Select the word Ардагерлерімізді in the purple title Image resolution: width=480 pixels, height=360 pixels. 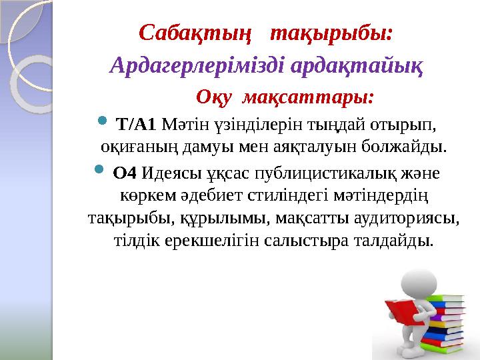182,65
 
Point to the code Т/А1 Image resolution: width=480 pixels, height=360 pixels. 136,123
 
